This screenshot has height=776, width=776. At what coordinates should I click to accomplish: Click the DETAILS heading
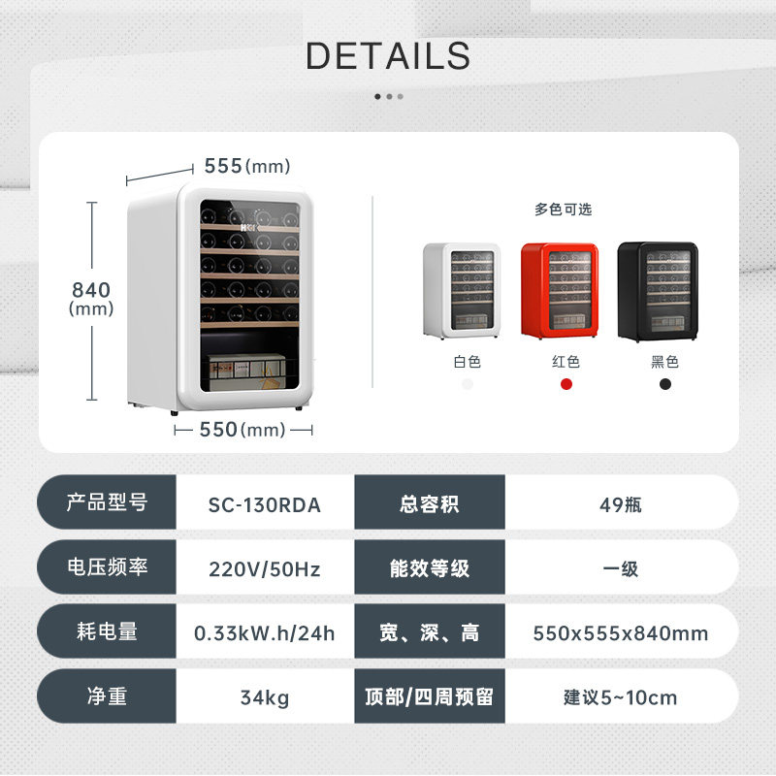[388, 56]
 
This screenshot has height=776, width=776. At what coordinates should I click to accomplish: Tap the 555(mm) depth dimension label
[247, 167]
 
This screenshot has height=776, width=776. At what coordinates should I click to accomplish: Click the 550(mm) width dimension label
[242, 430]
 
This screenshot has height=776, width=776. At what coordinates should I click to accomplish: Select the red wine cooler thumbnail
[559, 290]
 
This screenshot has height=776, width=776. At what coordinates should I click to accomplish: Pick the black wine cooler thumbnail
[657, 291]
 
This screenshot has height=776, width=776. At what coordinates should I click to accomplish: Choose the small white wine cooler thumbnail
[462, 290]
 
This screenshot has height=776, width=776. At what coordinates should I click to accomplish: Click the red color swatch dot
[566, 384]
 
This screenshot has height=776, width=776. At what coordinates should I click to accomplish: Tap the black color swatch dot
[664, 384]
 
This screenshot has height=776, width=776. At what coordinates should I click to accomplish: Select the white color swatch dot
[468, 384]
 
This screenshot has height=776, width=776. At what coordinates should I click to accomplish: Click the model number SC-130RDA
[264, 505]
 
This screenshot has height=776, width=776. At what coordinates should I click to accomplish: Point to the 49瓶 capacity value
[621, 505]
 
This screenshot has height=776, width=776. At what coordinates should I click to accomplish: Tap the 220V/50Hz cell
[264, 569]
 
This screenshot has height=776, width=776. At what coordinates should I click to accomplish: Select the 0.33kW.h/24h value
[264, 633]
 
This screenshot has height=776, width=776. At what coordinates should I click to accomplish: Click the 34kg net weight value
[264, 697]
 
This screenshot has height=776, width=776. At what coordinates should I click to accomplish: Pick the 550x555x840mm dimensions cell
[621, 633]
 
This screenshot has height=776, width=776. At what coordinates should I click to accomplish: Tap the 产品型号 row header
[107, 503]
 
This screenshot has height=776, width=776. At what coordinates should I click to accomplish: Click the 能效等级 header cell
[429, 569]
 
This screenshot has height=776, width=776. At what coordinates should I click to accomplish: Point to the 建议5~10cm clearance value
[621, 697]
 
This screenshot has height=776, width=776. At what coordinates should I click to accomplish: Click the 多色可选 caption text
[563, 210]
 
